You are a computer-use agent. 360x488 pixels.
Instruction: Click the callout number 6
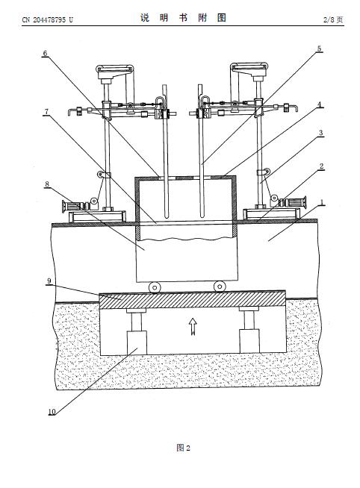click(45, 54)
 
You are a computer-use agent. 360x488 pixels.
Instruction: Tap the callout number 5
click(319, 49)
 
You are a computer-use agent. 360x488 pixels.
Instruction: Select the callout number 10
click(52, 412)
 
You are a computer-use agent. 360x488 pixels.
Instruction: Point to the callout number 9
click(49, 281)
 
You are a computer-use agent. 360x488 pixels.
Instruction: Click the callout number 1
click(323, 203)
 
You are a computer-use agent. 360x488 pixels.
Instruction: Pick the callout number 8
click(47, 184)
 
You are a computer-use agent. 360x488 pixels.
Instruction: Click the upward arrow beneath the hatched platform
click(193, 326)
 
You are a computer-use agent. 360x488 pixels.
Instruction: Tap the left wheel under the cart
click(155, 287)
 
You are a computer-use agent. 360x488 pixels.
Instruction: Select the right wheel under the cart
click(220, 287)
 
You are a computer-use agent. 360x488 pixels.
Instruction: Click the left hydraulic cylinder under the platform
click(137, 331)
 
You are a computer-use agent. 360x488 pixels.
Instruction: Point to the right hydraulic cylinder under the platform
click(249, 330)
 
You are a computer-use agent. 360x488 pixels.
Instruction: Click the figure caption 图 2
click(183, 448)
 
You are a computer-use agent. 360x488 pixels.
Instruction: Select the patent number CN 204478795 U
click(47, 20)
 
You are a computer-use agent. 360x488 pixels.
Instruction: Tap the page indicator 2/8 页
click(333, 19)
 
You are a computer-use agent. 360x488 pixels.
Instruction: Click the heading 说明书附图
click(183, 18)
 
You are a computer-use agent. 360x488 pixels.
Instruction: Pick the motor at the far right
click(294, 202)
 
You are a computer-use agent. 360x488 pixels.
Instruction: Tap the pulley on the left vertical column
click(101, 175)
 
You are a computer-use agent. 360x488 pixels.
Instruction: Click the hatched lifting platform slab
click(192, 299)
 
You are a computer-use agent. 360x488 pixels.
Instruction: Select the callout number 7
click(46, 112)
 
